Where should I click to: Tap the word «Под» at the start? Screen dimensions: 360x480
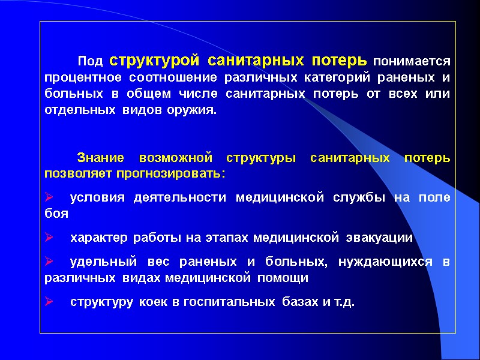click(x=91, y=61)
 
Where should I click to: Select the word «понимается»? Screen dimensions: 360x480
click(x=412, y=61)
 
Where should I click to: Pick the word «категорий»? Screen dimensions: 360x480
click(x=329, y=78)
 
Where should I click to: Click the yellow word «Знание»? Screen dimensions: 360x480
click(x=101, y=158)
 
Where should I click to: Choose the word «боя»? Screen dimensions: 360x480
click(x=56, y=214)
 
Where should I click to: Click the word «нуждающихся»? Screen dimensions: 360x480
click(x=385, y=262)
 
